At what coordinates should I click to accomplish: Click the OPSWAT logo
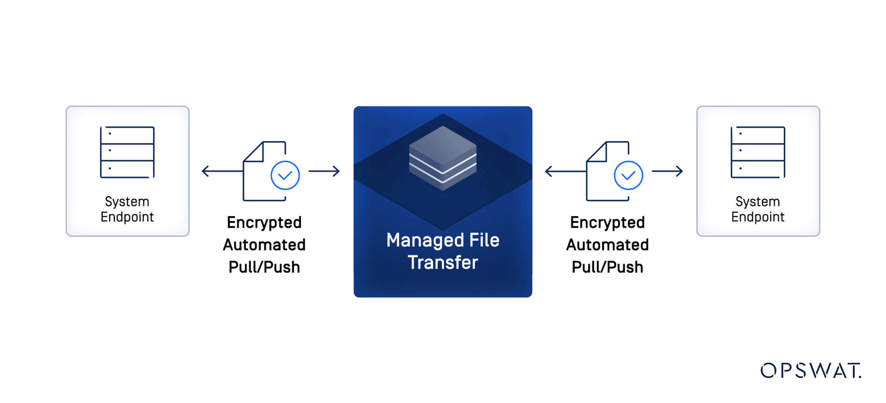coord(810,371)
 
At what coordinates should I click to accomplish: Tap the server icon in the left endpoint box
coord(127,152)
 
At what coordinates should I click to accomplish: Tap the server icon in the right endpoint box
coord(758,152)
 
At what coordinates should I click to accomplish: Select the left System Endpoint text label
coord(127,209)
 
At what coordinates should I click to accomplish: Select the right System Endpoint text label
coord(758,209)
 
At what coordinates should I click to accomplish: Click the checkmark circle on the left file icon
coord(285,175)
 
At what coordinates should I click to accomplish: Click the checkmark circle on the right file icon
coord(628,175)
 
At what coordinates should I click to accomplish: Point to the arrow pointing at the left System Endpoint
coord(221,171)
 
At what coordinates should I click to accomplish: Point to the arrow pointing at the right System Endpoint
coord(667,171)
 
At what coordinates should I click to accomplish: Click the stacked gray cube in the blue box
coord(443,158)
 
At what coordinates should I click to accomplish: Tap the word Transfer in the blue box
coord(443,262)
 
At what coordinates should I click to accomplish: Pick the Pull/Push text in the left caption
coord(264,267)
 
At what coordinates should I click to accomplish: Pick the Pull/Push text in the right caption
coord(607,267)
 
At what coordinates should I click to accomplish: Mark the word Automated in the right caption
coord(607,245)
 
